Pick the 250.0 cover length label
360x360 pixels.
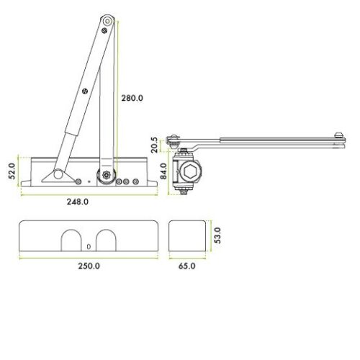click(x=89, y=266)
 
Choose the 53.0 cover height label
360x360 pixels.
click(x=217, y=235)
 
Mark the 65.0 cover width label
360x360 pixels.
click(x=187, y=266)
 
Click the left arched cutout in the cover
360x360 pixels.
click(x=71, y=240)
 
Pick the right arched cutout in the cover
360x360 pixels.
click(x=106, y=240)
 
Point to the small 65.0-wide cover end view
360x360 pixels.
click(x=186, y=235)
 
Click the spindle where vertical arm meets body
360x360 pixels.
click(x=107, y=174)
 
